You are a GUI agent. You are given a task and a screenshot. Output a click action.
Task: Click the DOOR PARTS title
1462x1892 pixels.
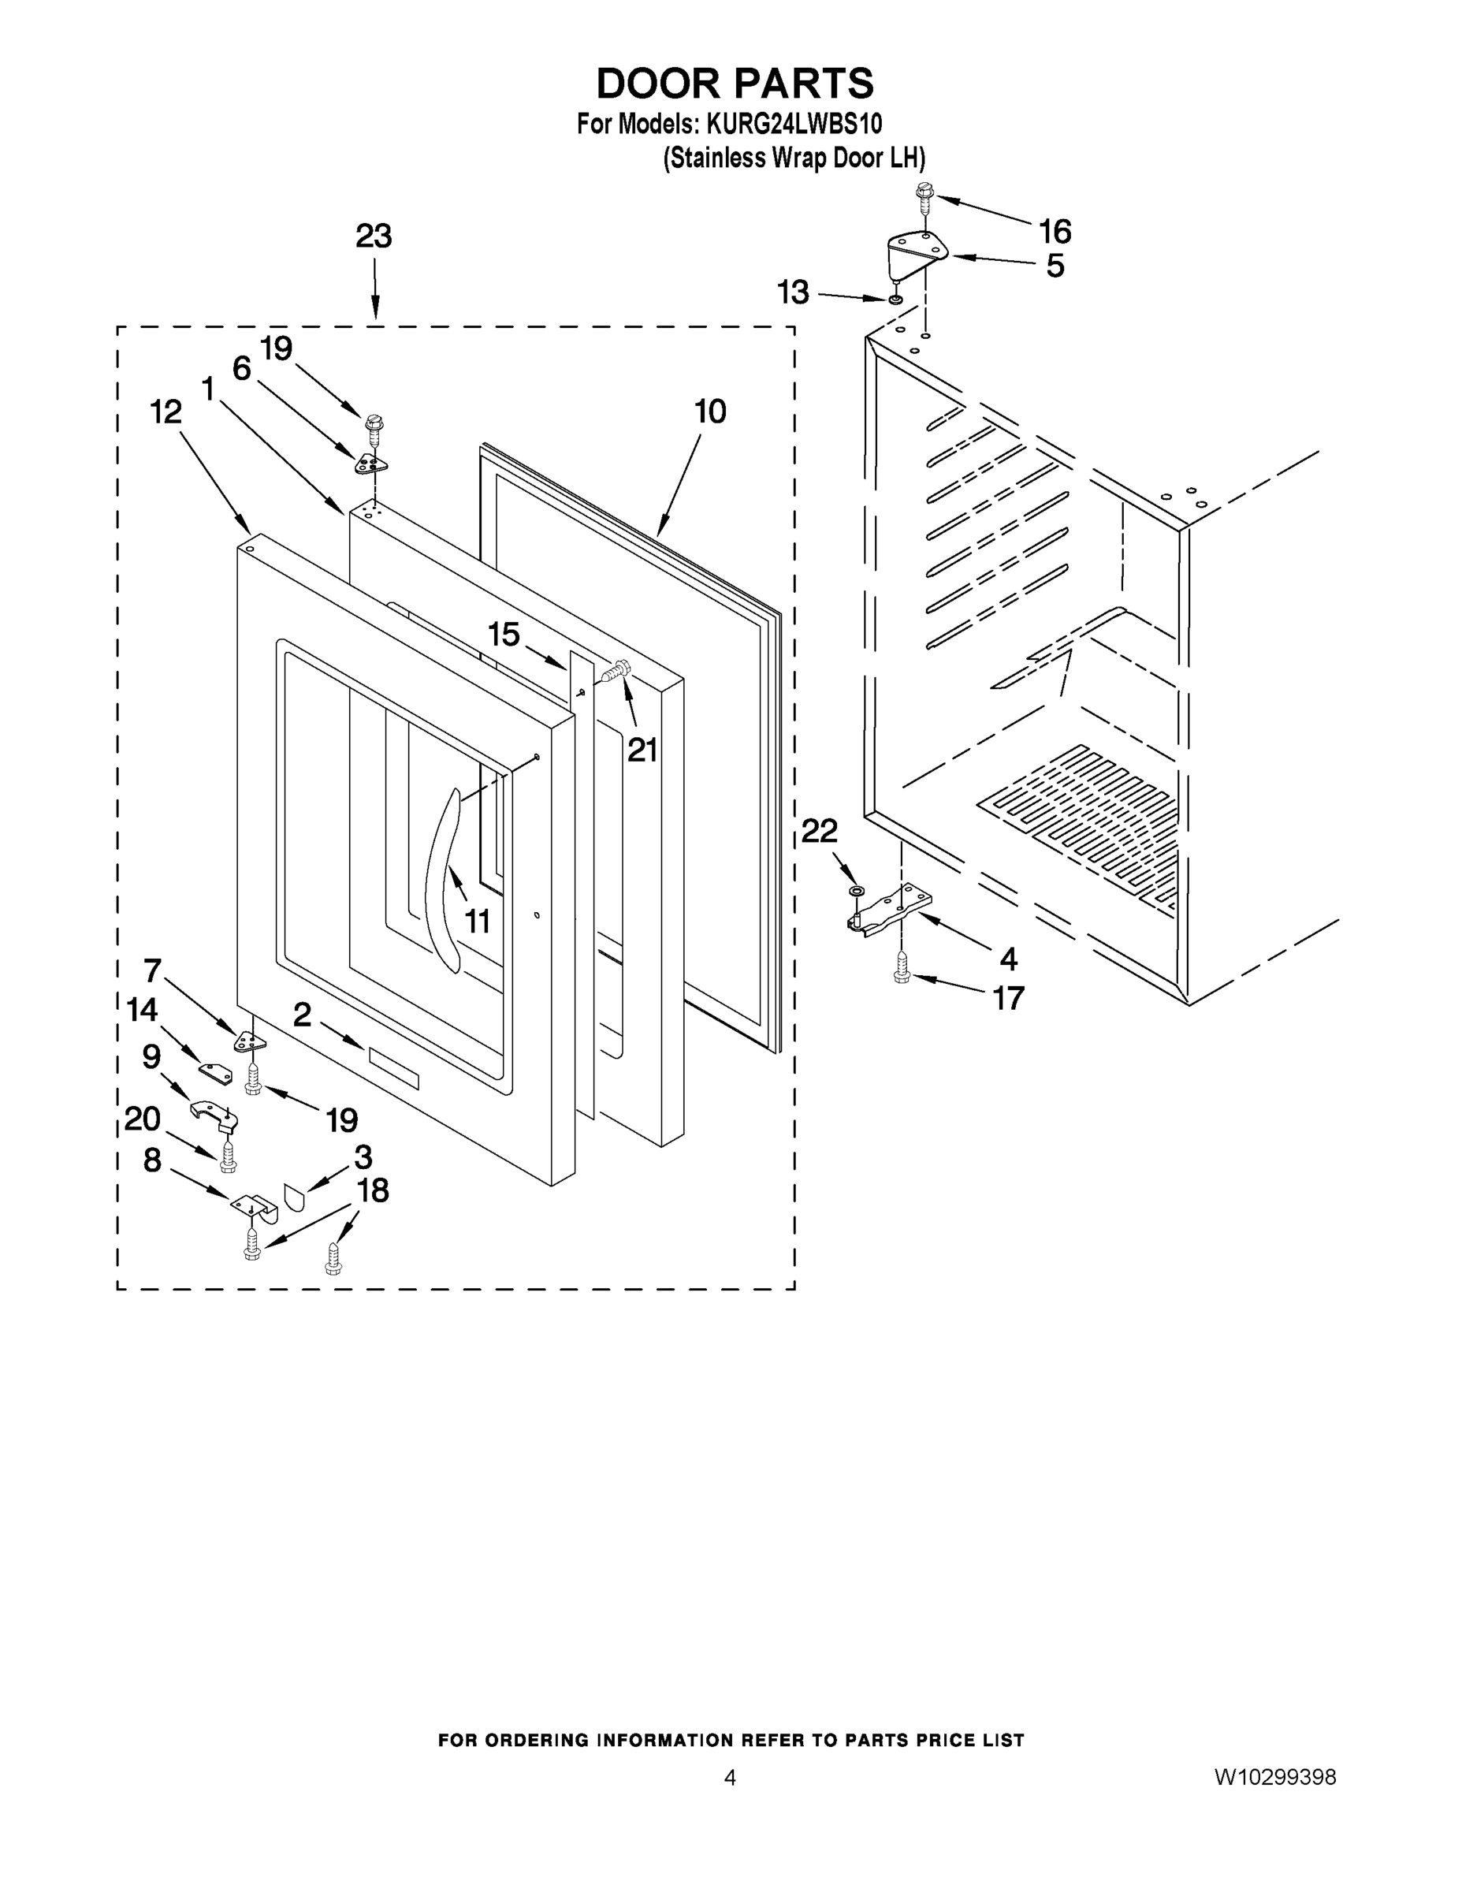pos(735,84)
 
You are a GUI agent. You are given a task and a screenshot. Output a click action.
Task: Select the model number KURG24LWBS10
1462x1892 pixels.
pos(794,124)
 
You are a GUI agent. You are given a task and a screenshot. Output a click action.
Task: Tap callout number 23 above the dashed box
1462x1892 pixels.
pos(374,236)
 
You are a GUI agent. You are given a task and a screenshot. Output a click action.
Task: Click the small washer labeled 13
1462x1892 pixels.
pos(895,300)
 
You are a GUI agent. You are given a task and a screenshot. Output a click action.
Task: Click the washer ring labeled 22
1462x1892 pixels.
pos(857,891)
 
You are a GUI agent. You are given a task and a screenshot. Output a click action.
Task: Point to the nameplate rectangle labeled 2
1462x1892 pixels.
pos(394,1068)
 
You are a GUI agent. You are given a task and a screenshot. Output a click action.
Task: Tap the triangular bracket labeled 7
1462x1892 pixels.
pos(249,1041)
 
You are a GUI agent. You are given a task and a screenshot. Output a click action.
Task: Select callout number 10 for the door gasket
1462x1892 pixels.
pos(710,412)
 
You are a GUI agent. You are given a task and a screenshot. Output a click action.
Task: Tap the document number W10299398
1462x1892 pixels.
pos(1274,1778)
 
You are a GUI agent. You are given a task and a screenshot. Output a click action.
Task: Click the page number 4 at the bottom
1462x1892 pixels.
pos(729,1778)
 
